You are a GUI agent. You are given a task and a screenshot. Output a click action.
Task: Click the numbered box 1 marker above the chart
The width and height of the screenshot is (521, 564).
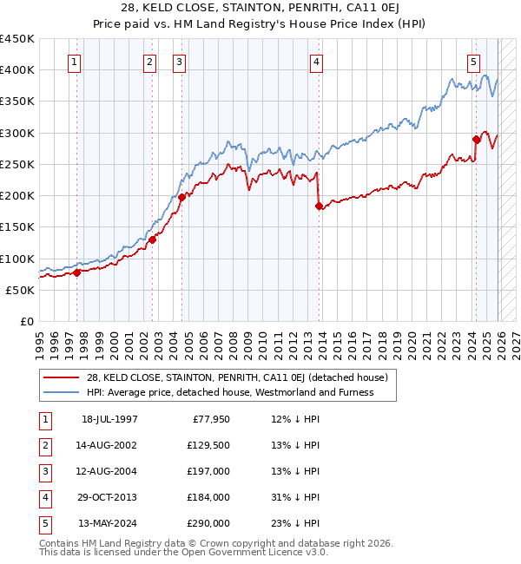(75, 62)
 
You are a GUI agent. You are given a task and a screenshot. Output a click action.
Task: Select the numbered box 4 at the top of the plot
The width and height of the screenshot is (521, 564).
(317, 62)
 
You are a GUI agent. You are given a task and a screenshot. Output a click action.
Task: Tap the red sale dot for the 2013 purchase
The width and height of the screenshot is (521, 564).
(318, 206)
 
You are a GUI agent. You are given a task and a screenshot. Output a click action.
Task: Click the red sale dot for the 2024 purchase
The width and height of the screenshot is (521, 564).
(476, 139)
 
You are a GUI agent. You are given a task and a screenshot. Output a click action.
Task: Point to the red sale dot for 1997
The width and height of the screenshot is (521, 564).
(76, 272)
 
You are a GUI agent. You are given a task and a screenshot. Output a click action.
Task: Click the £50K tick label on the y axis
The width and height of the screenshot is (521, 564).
(21, 290)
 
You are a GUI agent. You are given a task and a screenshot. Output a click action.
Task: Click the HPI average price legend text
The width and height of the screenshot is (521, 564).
(230, 392)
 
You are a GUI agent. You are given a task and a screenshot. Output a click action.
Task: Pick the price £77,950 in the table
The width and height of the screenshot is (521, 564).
(208, 419)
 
